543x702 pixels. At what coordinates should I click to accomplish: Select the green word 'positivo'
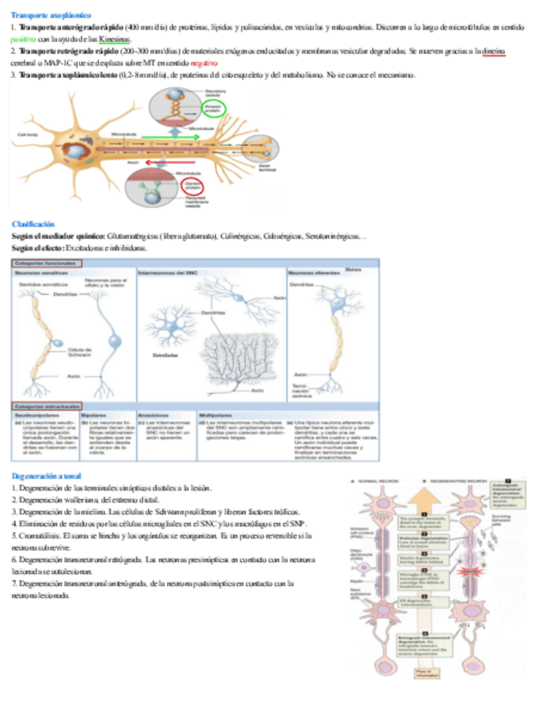click(x=25, y=39)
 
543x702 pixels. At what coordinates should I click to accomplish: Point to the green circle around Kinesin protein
click(x=214, y=108)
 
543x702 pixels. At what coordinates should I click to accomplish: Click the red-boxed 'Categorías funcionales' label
click(x=47, y=263)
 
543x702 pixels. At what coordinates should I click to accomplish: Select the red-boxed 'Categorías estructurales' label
click(x=46, y=406)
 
